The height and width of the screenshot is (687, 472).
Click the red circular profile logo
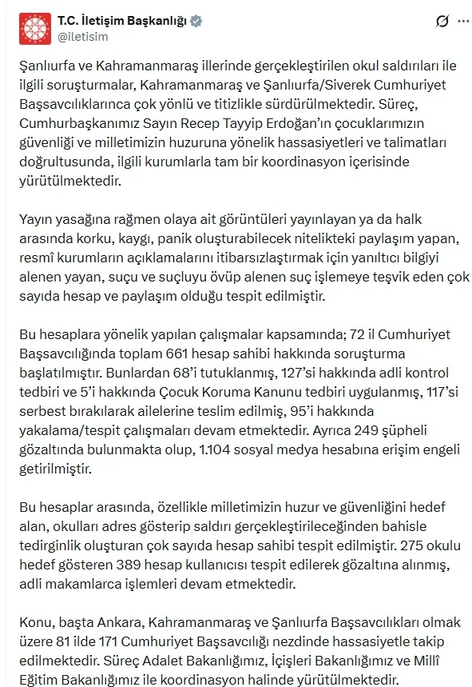pos(34,28)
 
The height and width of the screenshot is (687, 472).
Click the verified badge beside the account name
pos(196,22)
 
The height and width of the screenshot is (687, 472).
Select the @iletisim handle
pos(82,37)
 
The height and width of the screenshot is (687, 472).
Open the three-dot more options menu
pos(460,22)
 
